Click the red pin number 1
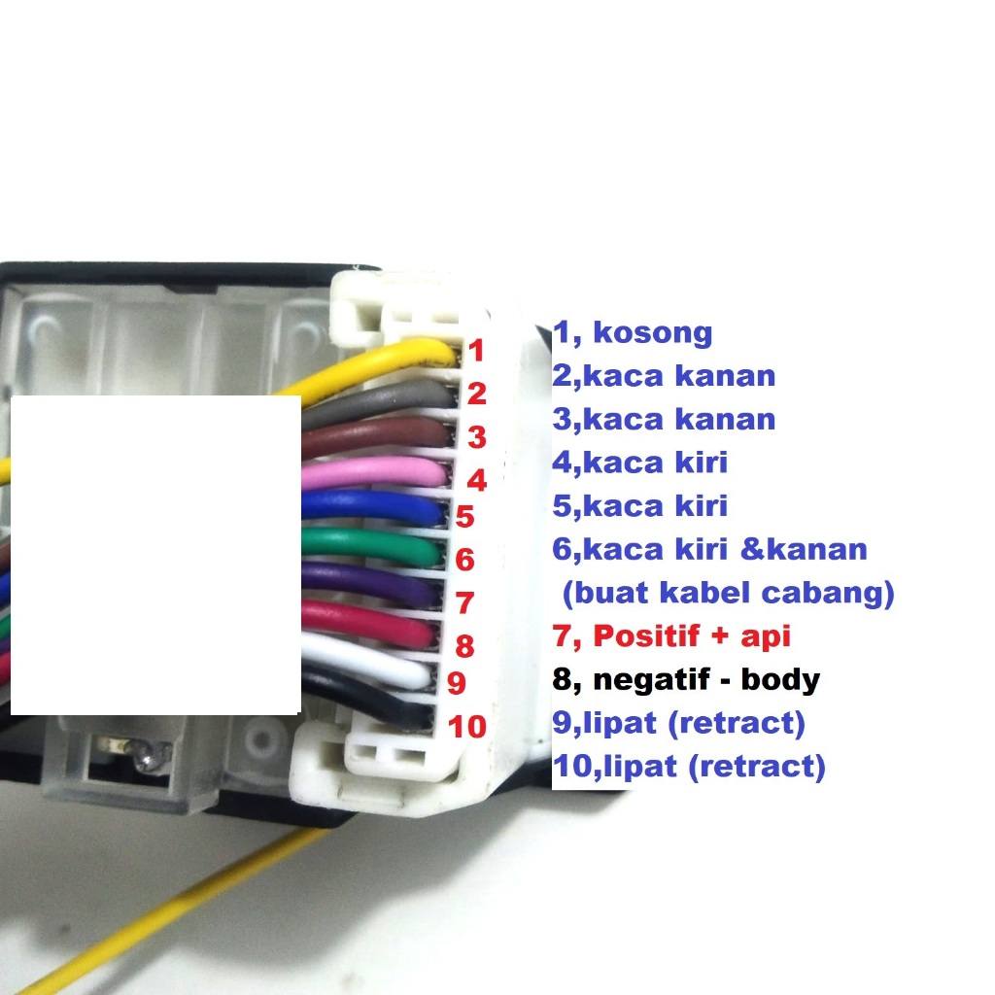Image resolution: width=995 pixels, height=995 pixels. (477, 352)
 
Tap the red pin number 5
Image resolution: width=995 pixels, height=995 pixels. (464, 517)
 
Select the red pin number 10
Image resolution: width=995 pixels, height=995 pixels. (467, 727)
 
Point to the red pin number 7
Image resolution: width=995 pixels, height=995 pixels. (464, 602)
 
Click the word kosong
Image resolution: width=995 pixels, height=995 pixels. (652, 333)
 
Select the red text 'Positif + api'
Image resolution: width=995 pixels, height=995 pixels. (691, 636)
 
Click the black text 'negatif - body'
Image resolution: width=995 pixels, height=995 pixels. (704, 679)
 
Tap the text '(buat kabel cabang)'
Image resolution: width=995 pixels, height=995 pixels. (728, 592)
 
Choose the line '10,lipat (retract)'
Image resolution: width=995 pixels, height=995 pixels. (689, 767)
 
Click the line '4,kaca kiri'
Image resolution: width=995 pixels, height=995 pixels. (639, 463)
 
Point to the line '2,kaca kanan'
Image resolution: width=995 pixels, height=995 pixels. (664, 376)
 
